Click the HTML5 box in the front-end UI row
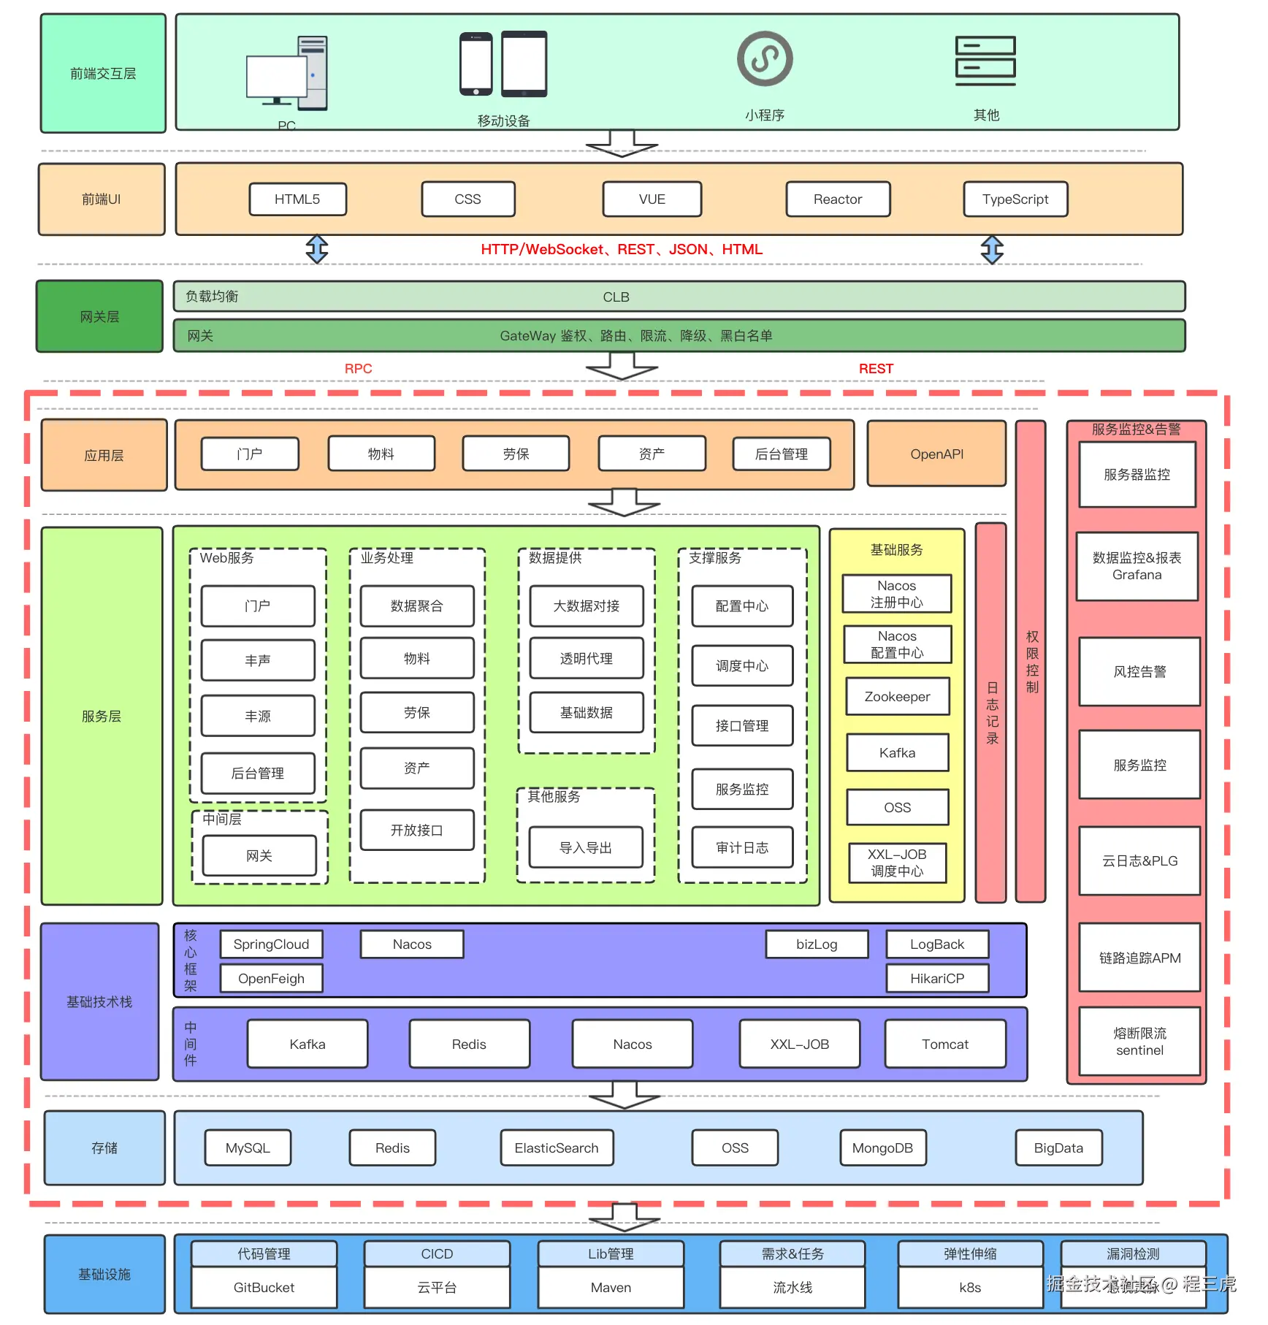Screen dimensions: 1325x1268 tap(297, 199)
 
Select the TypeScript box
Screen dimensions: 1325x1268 tap(1015, 199)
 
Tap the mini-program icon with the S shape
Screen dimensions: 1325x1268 tap(764, 58)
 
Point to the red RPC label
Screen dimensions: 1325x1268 tap(358, 369)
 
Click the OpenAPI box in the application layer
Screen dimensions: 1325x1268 tap(936, 454)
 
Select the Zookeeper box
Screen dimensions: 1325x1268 tap(897, 697)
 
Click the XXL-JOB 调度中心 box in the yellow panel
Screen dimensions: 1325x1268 tap(897, 863)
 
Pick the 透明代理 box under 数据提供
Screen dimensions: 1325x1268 tap(586, 659)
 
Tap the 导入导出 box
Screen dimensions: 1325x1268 tap(585, 848)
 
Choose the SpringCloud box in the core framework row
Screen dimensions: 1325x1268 tap(271, 944)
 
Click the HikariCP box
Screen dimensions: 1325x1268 tap(936, 979)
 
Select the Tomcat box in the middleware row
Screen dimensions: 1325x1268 tap(944, 1045)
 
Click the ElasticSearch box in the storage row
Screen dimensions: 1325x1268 tap(556, 1148)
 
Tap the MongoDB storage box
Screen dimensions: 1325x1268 tap(882, 1148)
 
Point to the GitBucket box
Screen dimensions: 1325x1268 tap(264, 1288)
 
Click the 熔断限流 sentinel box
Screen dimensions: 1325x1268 tap(1139, 1042)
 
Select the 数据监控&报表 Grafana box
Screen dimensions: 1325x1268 tap(1137, 566)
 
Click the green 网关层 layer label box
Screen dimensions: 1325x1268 tap(100, 317)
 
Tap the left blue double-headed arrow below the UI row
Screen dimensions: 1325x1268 tap(317, 249)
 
